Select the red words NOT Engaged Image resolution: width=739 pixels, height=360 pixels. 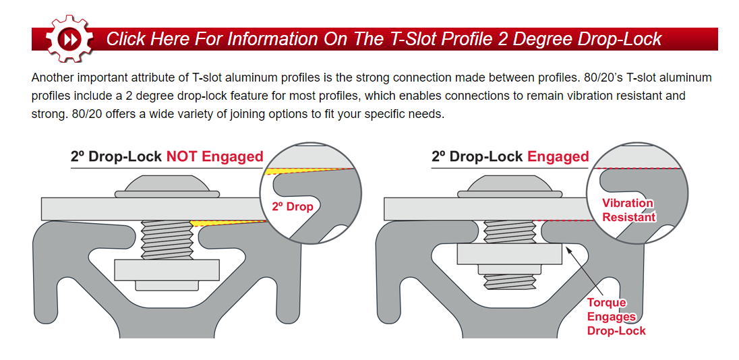214,157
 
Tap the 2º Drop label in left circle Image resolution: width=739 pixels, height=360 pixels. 293,206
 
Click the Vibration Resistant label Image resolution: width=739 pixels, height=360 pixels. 628,210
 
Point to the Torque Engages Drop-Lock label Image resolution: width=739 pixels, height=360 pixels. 616,317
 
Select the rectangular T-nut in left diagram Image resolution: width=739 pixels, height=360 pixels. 167,270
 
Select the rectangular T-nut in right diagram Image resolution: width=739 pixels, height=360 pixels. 509,254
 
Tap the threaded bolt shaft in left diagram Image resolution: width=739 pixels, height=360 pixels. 167,239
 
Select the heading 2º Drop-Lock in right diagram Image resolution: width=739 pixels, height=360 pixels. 477,157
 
